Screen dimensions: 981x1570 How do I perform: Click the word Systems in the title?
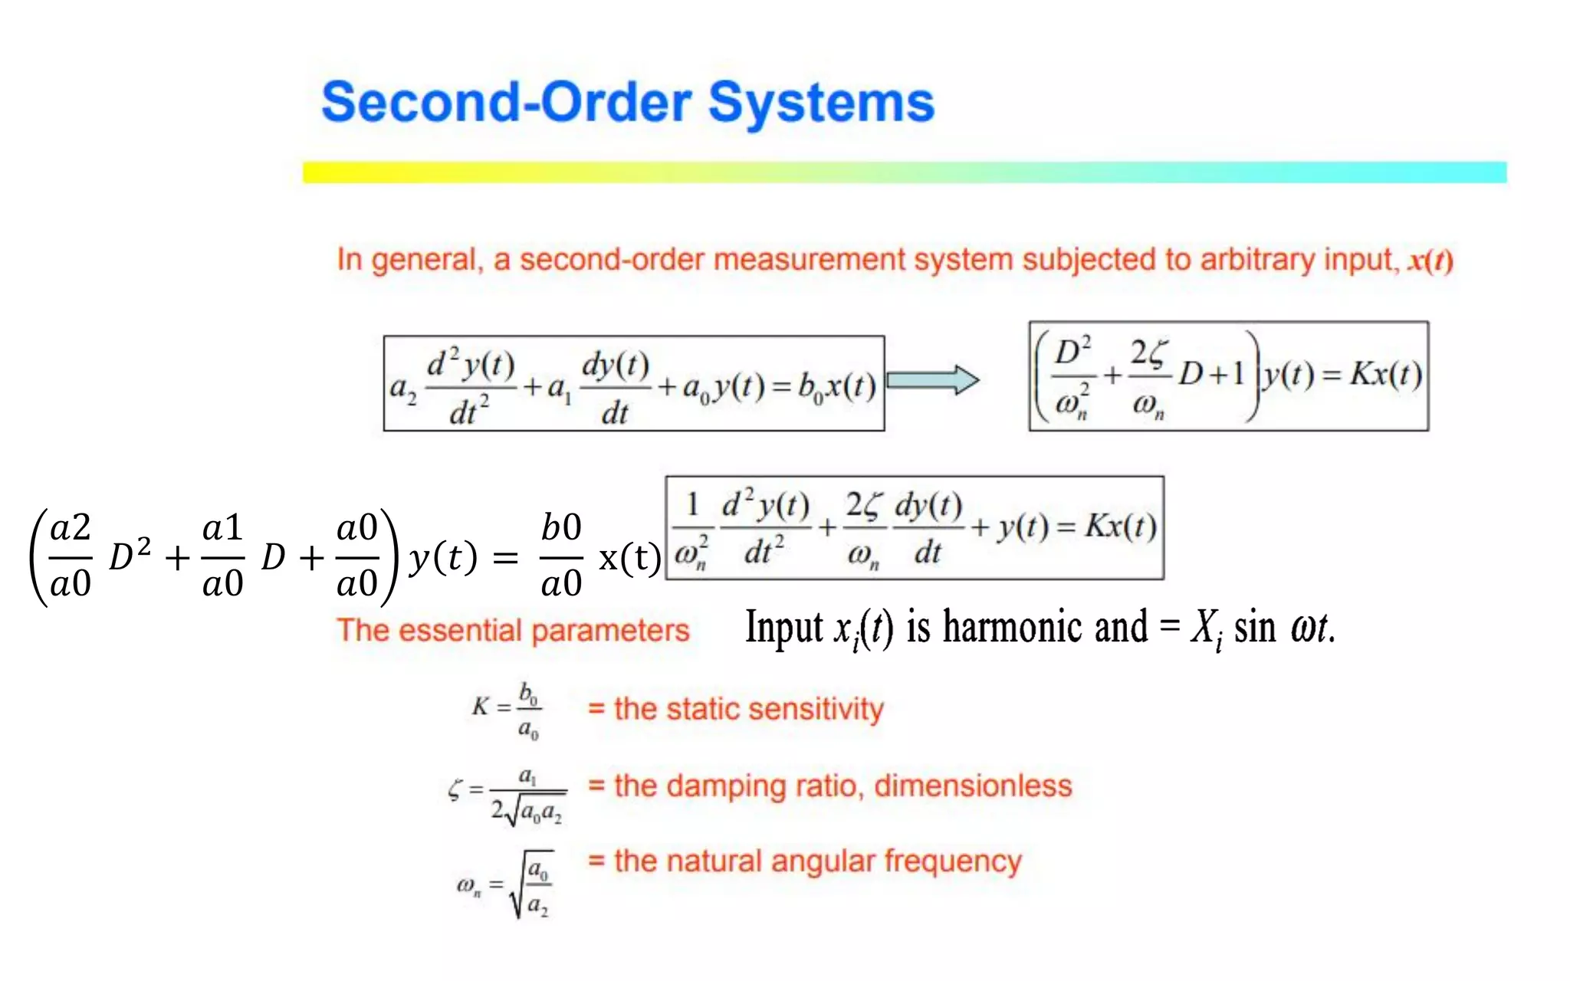pos(821,103)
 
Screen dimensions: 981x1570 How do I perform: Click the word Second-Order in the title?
pos(506,103)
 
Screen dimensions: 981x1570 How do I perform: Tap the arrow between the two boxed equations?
pos(932,380)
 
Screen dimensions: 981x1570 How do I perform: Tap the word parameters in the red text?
pos(610,632)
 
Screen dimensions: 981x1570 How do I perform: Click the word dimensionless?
pos(973,786)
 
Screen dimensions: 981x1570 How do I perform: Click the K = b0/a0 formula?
pos(507,710)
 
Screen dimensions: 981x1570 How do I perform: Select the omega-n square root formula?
pos(507,884)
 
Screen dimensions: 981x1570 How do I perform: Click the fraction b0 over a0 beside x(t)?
pos(561,556)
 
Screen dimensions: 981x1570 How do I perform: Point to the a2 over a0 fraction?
pos(71,556)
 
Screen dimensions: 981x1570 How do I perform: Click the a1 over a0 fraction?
pos(222,556)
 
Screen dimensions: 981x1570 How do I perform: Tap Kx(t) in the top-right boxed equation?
pos(1384,375)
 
